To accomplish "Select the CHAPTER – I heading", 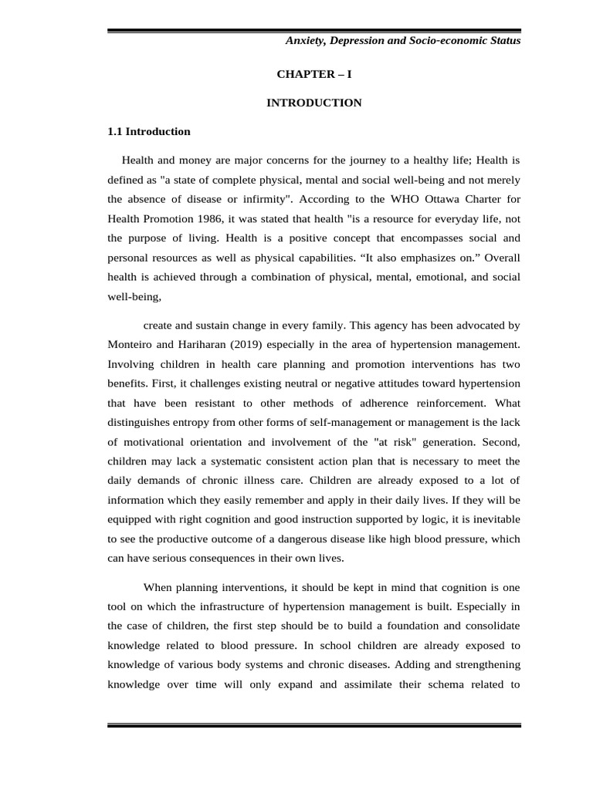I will coord(313,74).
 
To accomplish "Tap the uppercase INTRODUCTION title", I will coord(313,103).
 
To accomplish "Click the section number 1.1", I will coord(115,131).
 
